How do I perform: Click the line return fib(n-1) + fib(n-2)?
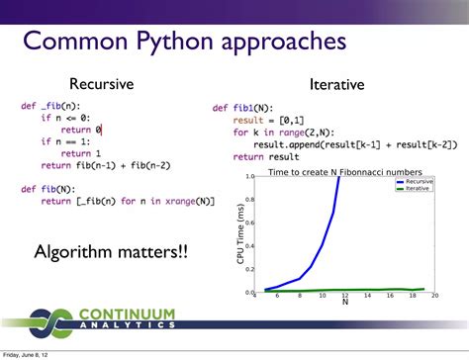(98, 164)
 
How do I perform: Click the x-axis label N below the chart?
(344, 302)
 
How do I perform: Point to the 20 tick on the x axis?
(434, 296)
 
